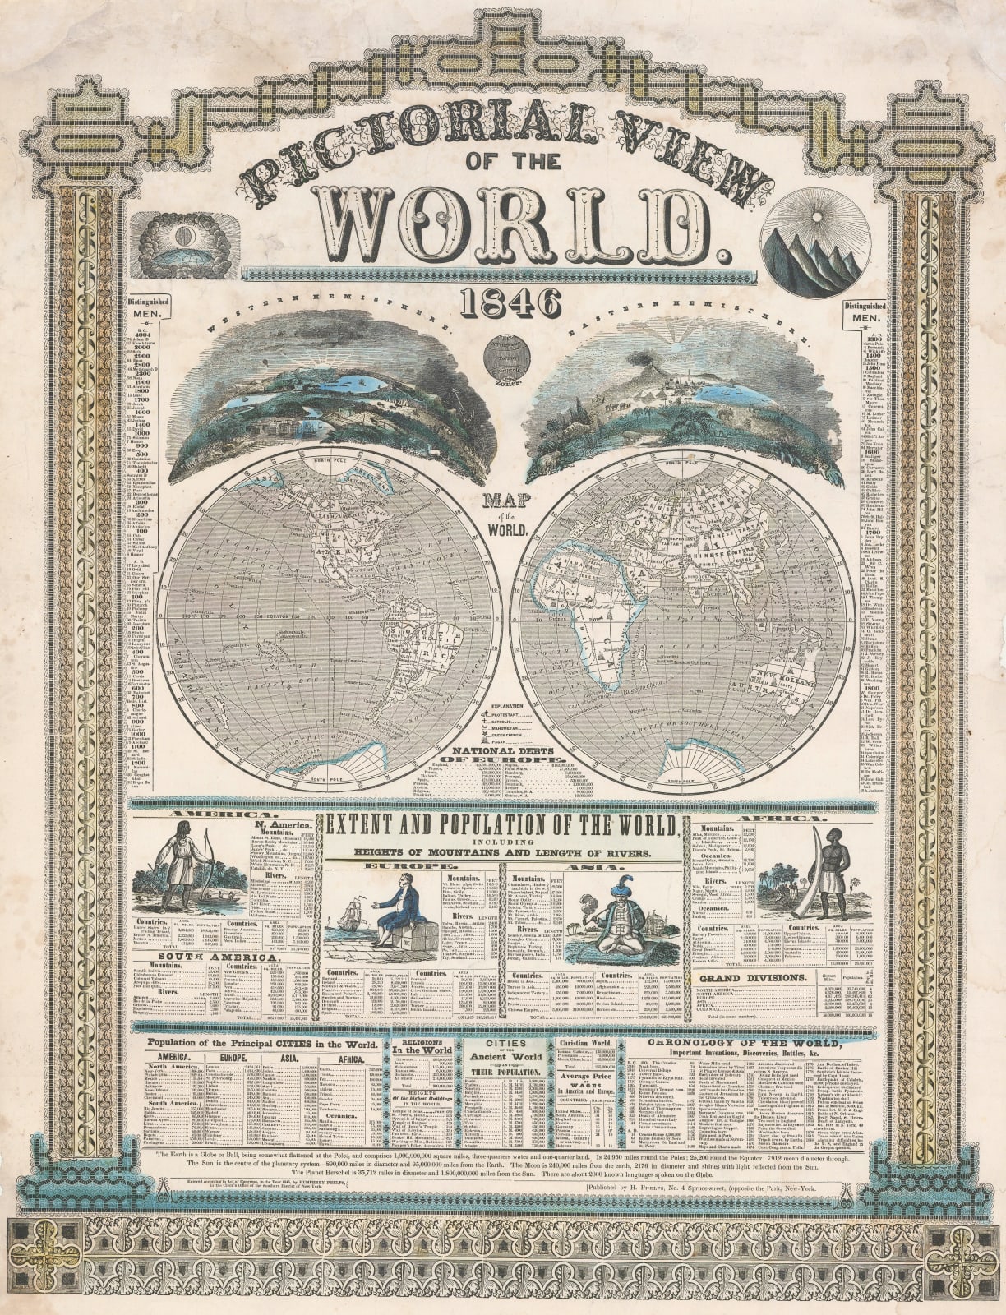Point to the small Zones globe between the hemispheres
(x=502, y=356)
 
